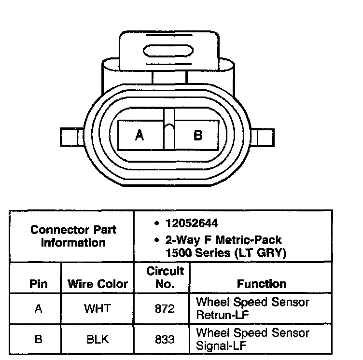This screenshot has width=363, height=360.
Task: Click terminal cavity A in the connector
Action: pyautogui.click(x=140, y=135)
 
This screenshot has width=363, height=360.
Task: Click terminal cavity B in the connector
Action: pyautogui.click(x=197, y=135)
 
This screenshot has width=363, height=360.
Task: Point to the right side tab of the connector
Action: pyautogui.click(x=265, y=137)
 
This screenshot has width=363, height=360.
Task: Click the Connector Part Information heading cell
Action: pyautogui.click(x=73, y=236)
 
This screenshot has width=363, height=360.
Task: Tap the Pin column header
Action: pyautogui.click(x=38, y=284)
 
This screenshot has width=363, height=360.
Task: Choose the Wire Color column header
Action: pyautogui.click(x=98, y=284)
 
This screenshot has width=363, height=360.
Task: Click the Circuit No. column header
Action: pyautogui.click(x=165, y=277)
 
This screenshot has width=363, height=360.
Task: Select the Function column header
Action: pyautogui.click(x=261, y=284)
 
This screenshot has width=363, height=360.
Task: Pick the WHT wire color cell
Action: pyautogui.click(x=97, y=308)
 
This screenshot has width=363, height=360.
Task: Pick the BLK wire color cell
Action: pyautogui.click(x=97, y=339)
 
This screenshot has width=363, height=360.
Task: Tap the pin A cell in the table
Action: pyautogui.click(x=38, y=308)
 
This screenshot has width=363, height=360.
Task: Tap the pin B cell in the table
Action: pyautogui.click(x=38, y=339)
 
